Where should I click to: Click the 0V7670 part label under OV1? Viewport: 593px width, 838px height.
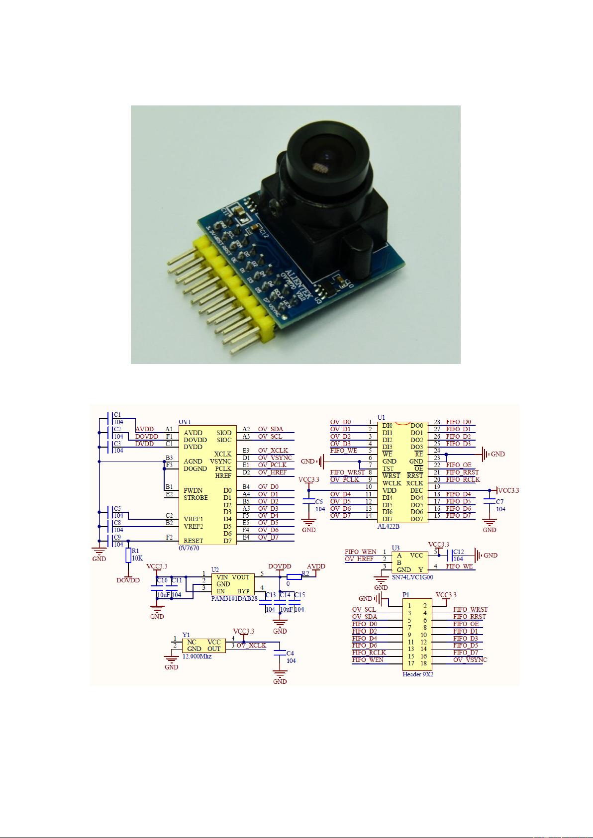(189, 548)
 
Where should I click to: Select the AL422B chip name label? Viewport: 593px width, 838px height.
(389, 526)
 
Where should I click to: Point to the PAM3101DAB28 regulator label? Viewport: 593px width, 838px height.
(234, 599)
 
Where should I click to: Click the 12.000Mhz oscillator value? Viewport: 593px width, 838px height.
(197, 656)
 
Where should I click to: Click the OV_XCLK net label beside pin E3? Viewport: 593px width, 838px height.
(273, 451)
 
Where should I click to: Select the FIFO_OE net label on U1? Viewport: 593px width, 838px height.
(459, 465)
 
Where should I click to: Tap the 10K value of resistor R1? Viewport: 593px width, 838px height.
(137, 558)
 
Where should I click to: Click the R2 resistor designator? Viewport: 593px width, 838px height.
(305, 573)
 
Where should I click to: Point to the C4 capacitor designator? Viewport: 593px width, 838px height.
(291, 653)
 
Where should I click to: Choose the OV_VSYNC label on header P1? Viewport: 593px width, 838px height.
(470, 659)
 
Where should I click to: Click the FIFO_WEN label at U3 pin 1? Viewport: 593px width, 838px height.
(361, 552)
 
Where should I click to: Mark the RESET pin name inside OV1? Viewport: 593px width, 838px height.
(193, 541)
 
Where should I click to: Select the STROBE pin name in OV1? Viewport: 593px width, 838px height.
(196, 497)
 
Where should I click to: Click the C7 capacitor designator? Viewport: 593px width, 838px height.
(499, 501)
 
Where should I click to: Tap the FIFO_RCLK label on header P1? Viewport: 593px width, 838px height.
(369, 652)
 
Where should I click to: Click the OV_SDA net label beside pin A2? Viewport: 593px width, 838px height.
(270, 429)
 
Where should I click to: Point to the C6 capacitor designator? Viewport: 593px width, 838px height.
(319, 501)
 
